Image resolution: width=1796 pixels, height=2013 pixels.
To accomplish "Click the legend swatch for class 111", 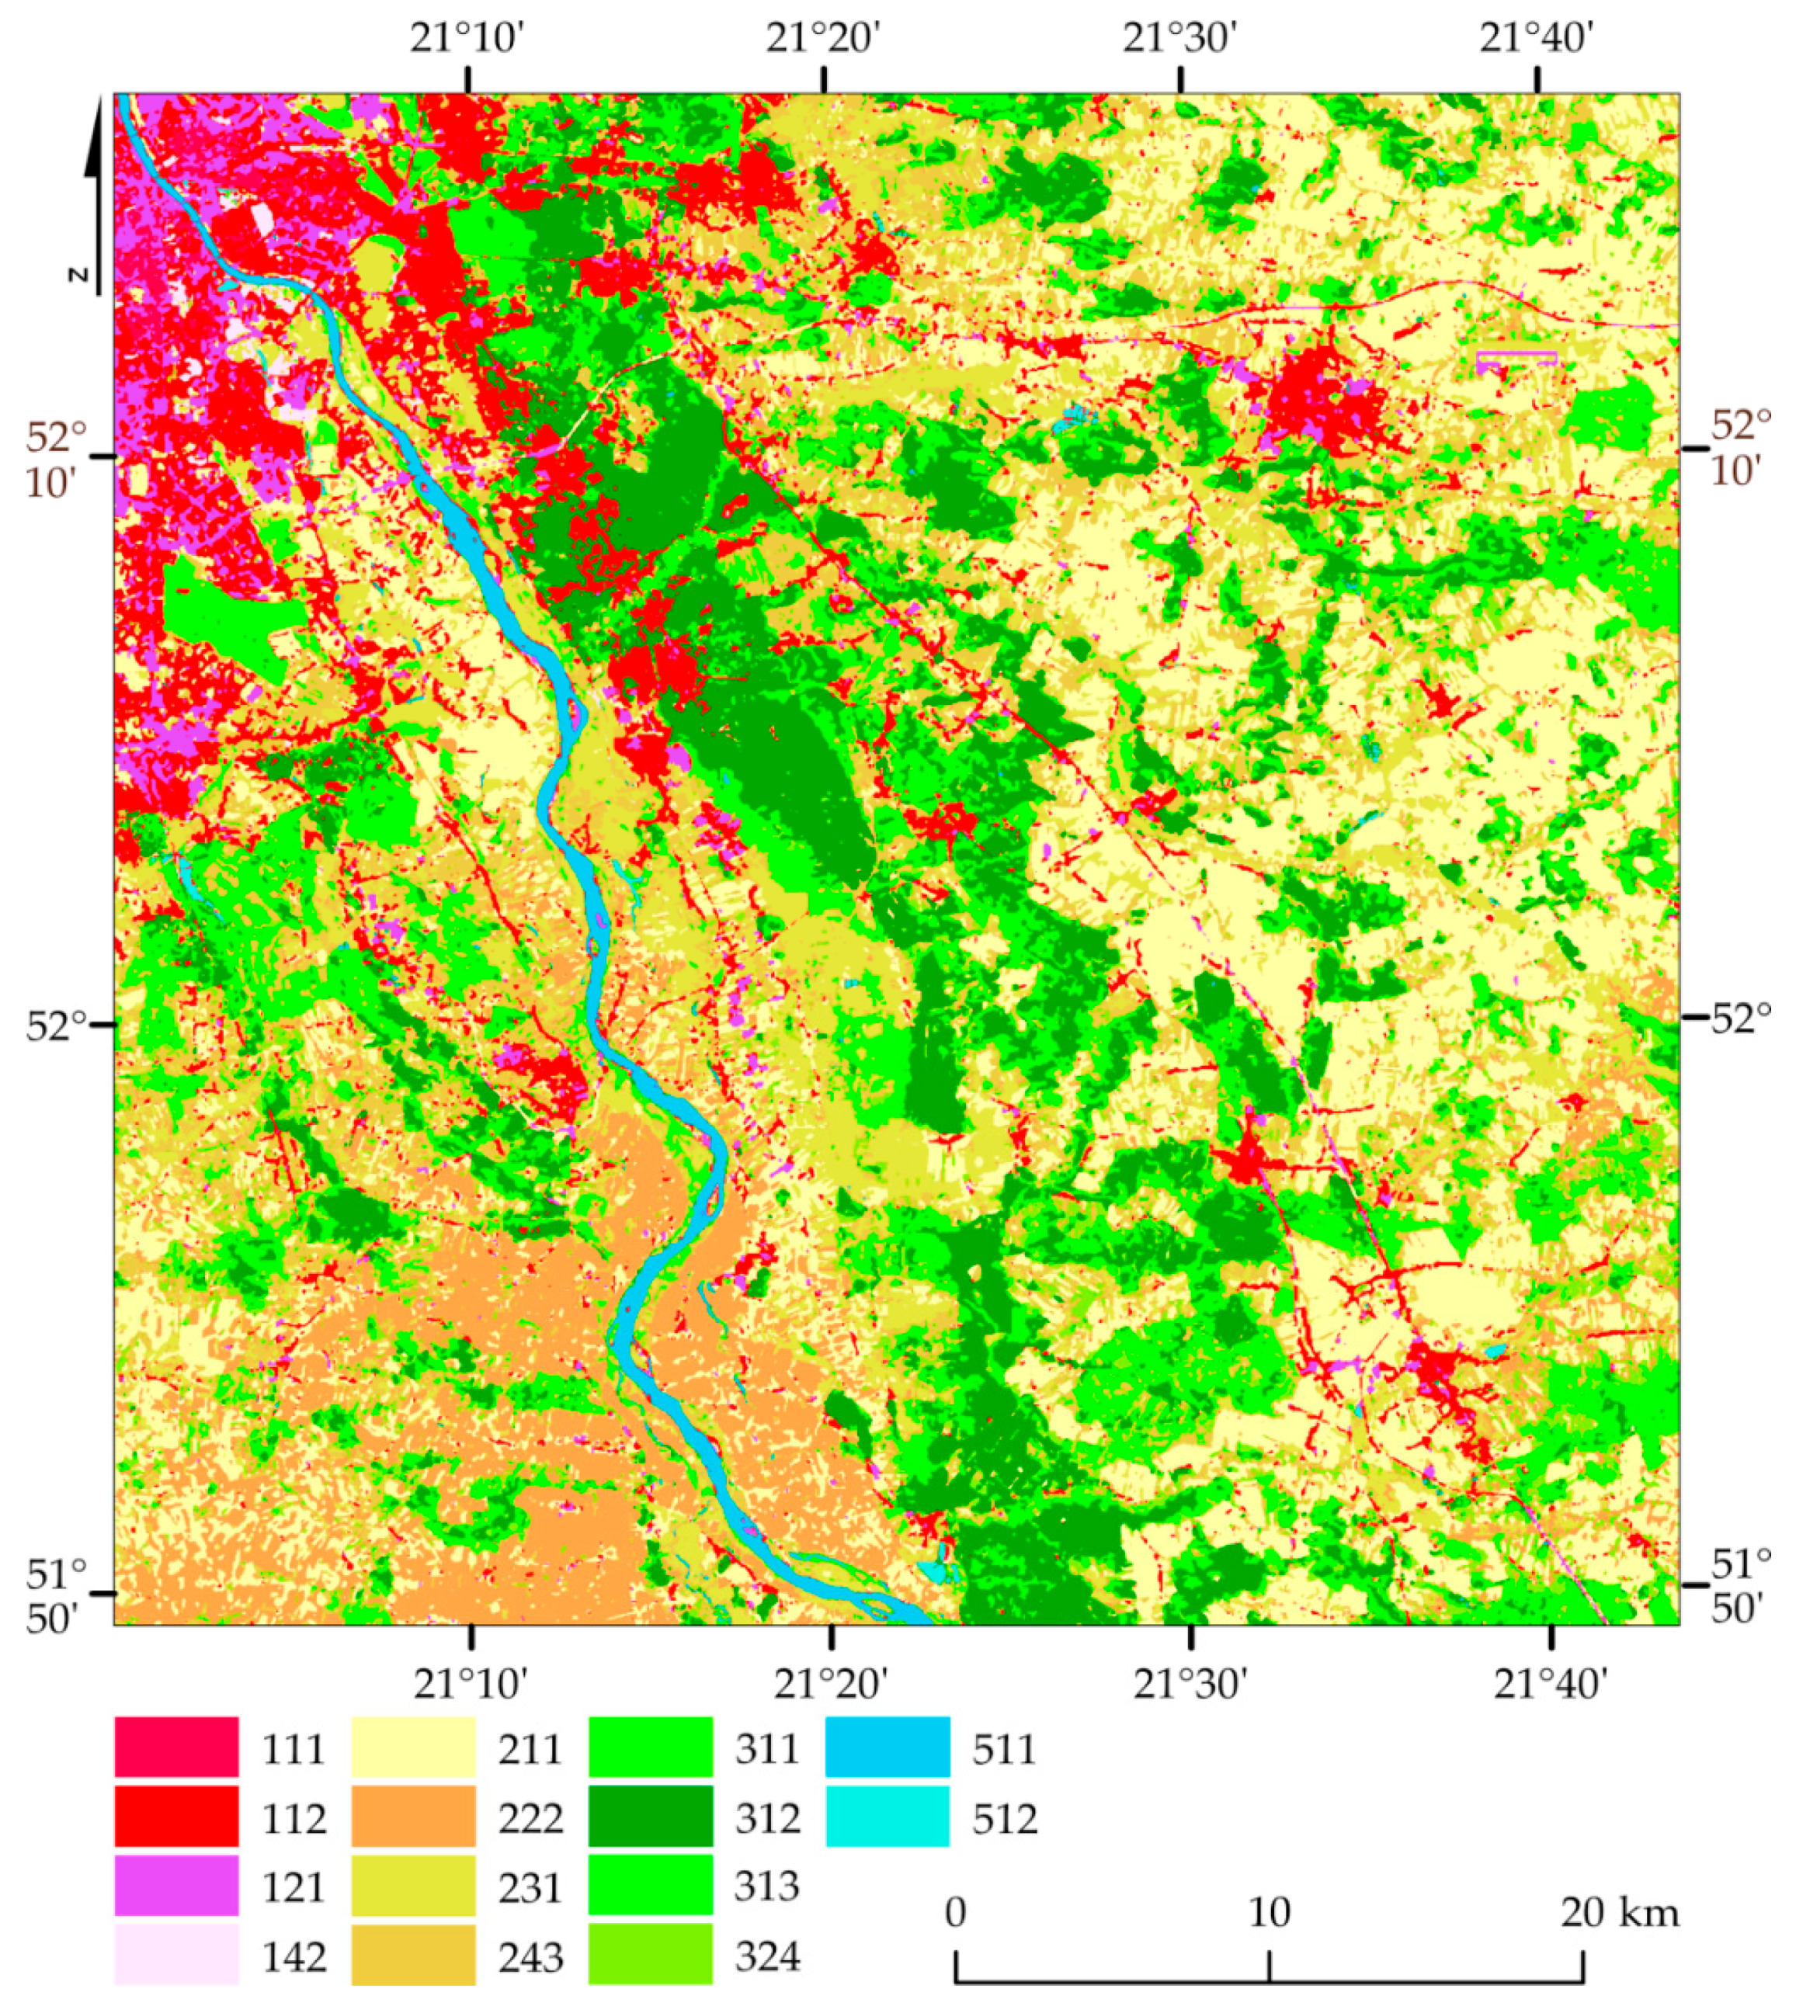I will (176, 1747).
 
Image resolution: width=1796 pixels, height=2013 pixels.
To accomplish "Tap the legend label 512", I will (1005, 1817).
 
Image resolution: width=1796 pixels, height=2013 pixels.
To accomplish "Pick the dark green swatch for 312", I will (651, 1817).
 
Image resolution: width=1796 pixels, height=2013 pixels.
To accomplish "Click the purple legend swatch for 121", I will (176, 1886).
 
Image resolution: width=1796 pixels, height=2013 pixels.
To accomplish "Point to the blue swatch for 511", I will (888, 1747).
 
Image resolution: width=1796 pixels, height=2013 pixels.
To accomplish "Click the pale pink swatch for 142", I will (176, 1955).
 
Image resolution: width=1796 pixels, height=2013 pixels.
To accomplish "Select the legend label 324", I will (768, 1956).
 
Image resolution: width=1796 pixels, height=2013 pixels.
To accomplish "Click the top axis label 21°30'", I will (1179, 40).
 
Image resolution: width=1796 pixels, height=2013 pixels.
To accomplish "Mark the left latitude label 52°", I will (55, 1026).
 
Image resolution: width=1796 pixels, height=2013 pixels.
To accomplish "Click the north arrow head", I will (94, 138).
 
